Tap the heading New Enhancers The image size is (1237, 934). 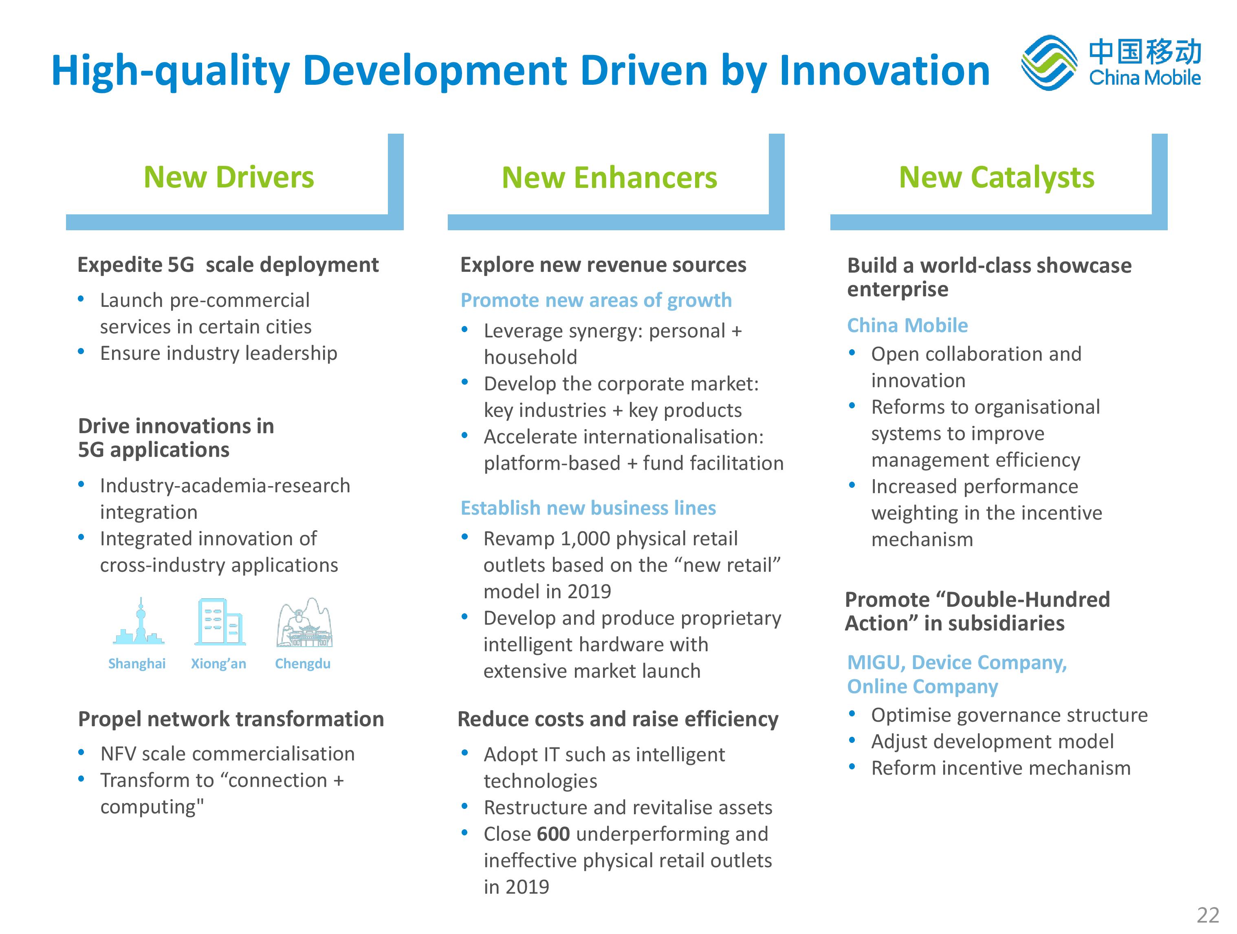click(x=609, y=178)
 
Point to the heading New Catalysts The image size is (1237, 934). click(x=997, y=178)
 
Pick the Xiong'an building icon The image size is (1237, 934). click(x=220, y=622)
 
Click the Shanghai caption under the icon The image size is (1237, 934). click(x=136, y=664)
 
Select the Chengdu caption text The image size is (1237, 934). click(x=303, y=664)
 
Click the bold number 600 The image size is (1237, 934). click(x=553, y=834)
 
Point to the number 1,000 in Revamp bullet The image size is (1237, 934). click(x=585, y=539)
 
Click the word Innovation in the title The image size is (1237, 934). click(x=884, y=70)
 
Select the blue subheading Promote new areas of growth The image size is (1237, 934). click(x=596, y=300)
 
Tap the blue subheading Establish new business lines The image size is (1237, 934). click(x=588, y=508)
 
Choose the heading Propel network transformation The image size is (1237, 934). click(x=231, y=719)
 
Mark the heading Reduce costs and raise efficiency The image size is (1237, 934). click(x=618, y=719)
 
